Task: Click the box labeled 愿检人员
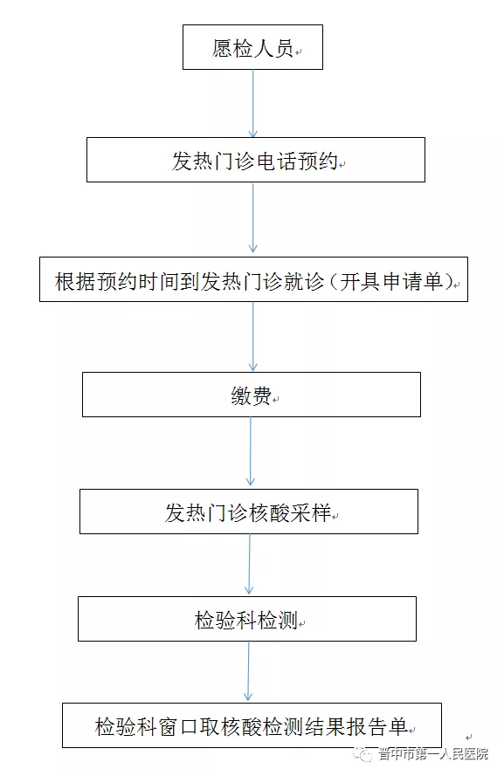coord(252,47)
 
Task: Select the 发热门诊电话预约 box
coord(255,160)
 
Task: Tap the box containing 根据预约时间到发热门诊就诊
coord(253,279)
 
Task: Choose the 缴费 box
coord(251,395)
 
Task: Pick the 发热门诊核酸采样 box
coord(249,512)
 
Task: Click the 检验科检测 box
coord(246,619)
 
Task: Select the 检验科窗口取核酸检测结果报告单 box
coord(252,725)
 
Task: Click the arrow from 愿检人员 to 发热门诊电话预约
coord(253,103)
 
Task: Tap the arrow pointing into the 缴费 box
coord(253,337)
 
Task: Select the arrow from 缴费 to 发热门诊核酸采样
coord(251,451)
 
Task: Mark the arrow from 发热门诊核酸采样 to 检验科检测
coord(250,564)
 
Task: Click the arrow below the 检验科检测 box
coord(249,671)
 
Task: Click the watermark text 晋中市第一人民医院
coord(434,753)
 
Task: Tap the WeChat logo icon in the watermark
coord(364,753)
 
